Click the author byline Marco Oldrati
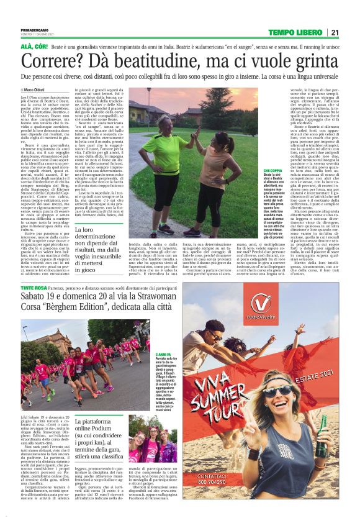pos(38,89)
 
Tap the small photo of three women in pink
pos(143,437)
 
